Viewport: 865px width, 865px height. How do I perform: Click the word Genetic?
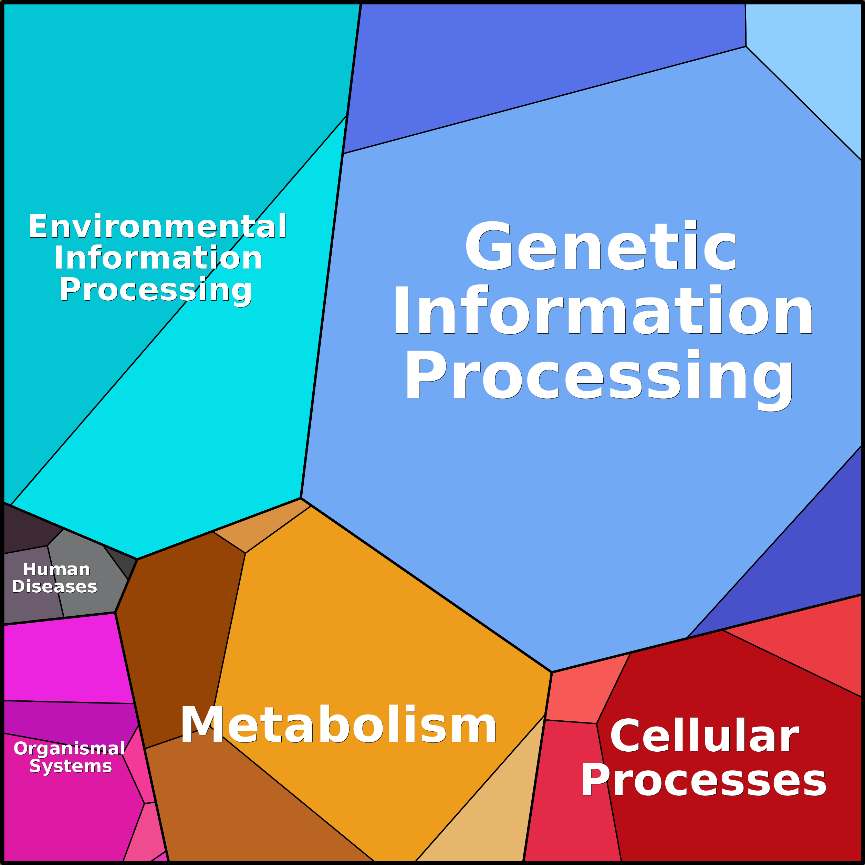point(601,246)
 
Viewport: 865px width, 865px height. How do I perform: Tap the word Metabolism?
point(338,725)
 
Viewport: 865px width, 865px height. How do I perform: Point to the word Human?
point(56,569)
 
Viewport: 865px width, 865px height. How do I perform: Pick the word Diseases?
point(54,586)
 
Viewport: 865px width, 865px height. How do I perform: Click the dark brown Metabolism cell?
point(179,627)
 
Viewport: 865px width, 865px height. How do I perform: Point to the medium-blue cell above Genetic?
point(537,67)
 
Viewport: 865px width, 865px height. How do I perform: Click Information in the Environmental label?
point(158,258)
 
